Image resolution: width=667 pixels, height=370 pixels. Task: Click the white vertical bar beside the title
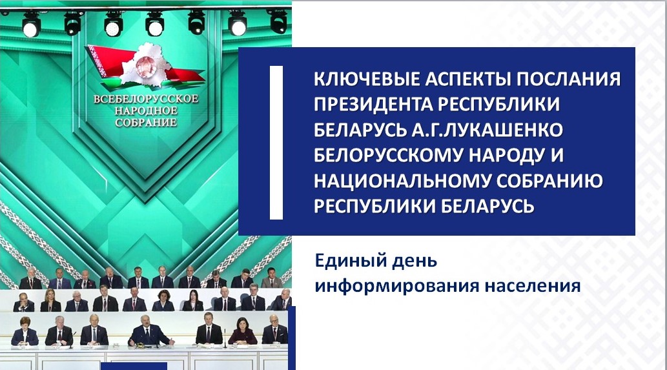point(276,141)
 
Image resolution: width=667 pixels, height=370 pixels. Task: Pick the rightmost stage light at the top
point(278,21)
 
